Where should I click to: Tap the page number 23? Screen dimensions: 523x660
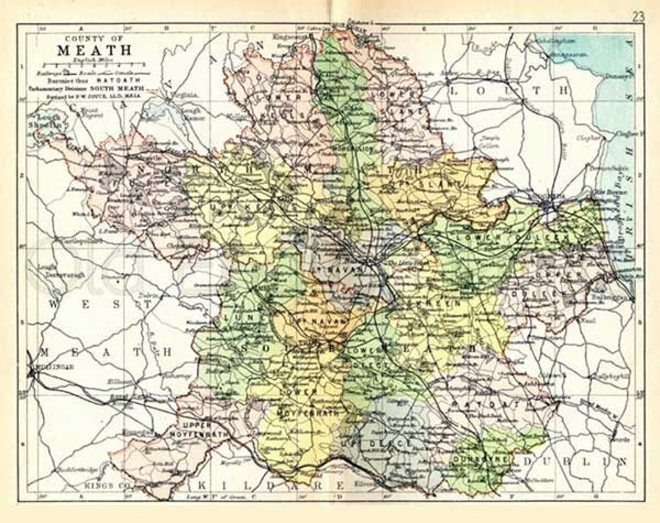tap(638, 17)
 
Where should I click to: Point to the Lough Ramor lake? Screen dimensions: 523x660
tap(156, 113)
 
